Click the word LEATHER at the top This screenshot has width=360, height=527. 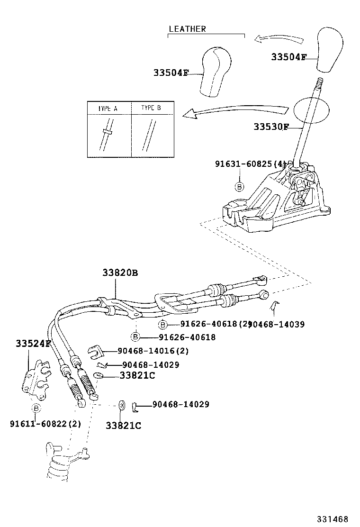coord(187,29)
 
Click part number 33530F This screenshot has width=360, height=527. coord(270,127)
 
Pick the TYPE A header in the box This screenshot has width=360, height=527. coord(108,108)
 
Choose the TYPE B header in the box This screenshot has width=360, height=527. coord(151,108)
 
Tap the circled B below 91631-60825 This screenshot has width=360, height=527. coord(240,186)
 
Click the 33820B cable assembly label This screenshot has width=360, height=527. coord(120,273)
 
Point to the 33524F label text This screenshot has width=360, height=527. coord(33,343)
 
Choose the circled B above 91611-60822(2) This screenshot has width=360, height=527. coord(36,408)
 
